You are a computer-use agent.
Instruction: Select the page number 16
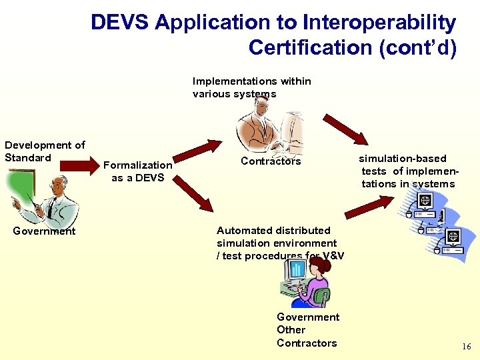tap(466, 347)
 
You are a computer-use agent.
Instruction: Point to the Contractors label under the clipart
tap(271, 161)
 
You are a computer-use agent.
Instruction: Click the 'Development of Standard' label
tap(45, 151)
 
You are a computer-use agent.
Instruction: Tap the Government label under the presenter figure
tap(45, 231)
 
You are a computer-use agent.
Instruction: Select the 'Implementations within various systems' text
tap(251, 87)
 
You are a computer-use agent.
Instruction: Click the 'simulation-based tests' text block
tap(407, 171)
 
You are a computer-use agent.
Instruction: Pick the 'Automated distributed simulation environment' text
tap(277, 243)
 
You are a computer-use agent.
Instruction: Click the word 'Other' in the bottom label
tap(291, 330)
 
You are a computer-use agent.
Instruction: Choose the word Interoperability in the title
tap(379, 23)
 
